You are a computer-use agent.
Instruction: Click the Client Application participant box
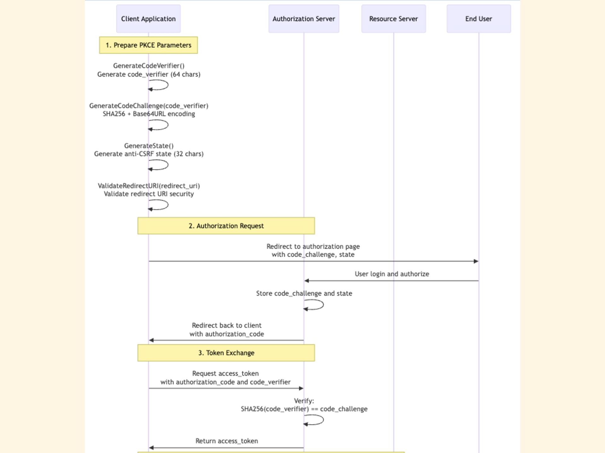tap(148, 19)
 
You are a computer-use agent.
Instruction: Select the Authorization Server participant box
tap(304, 19)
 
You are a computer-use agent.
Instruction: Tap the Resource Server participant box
tap(394, 19)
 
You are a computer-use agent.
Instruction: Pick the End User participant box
tap(479, 19)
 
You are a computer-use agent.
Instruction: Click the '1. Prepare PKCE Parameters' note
tap(148, 45)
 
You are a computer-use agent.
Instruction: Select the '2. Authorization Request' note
tap(226, 226)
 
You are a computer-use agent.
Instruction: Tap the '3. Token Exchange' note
tap(226, 353)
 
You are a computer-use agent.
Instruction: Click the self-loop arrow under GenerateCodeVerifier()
tap(168, 85)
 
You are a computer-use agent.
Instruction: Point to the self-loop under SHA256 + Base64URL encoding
tap(168, 125)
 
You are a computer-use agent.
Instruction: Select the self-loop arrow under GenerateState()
tap(168, 165)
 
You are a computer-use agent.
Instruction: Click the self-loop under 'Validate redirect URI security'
tap(168, 205)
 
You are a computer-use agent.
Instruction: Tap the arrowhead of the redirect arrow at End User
tap(476, 261)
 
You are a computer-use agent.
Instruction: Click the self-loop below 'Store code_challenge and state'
tap(323, 305)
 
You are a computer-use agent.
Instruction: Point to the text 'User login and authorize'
tap(392, 274)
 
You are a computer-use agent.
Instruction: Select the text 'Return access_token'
tap(227, 441)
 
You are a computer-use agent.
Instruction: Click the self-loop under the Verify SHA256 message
tap(323, 420)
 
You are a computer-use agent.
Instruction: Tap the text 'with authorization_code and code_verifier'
tap(226, 382)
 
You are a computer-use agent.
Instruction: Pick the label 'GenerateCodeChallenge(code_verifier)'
tap(149, 106)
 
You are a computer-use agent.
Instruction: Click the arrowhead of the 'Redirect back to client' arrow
tap(151, 340)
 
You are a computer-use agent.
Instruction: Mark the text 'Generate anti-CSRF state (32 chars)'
tap(149, 154)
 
